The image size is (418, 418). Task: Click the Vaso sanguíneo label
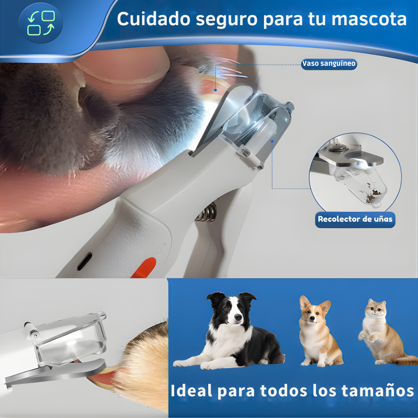coord(329,64)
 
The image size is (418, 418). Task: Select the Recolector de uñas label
coord(355,219)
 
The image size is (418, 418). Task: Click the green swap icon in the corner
coord(41,23)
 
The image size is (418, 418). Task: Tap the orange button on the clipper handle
coord(145,267)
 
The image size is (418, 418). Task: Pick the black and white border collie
coord(232,333)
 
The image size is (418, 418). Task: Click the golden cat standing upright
coord(381,333)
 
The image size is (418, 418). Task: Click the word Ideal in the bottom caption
coord(192,391)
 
